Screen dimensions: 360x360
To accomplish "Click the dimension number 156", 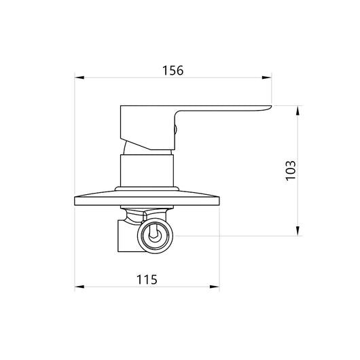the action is pyautogui.click(x=173, y=71).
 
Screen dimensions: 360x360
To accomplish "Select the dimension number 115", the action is pyautogui.click(x=147, y=279).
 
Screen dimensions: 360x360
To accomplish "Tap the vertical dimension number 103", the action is pyautogui.click(x=291, y=170).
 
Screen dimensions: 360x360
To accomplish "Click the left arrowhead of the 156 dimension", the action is pyautogui.click(x=79, y=77).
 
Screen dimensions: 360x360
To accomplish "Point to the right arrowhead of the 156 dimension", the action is pyautogui.click(x=267, y=77).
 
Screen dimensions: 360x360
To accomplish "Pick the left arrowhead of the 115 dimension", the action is pyautogui.click(x=79, y=287).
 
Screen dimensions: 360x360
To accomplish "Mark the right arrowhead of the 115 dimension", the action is pyautogui.click(x=215, y=287).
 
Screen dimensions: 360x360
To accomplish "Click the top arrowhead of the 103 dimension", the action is pyautogui.click(x=298, y=111).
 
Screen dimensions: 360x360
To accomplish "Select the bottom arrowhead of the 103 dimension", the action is pyautogui.click(x=298, y=231).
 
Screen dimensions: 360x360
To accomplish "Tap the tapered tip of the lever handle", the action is pyautogui.click(x=270, y=107).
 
